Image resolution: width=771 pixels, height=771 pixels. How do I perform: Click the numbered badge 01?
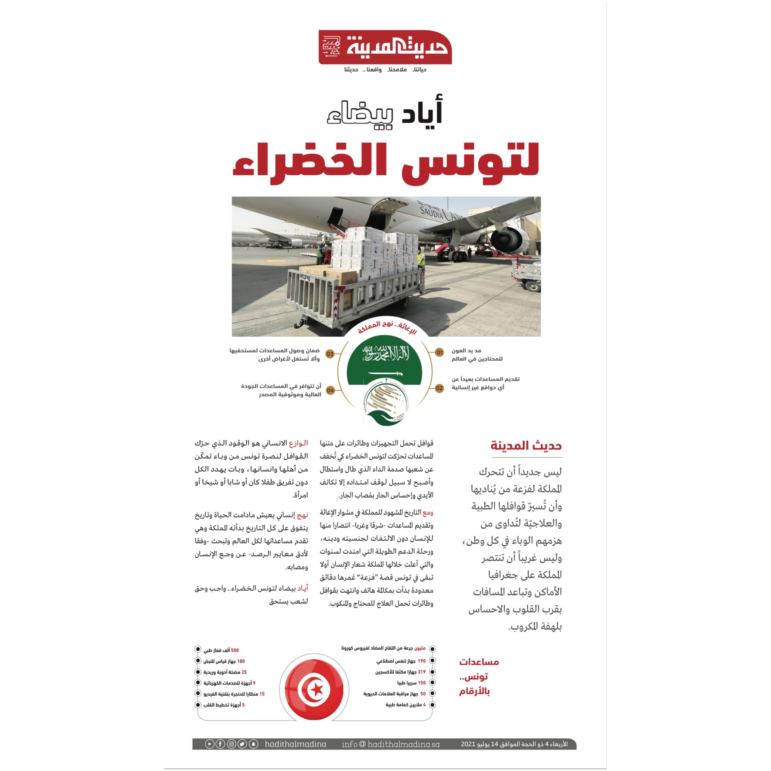pos(439,352)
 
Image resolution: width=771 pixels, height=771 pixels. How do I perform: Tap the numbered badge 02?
pos(439,388)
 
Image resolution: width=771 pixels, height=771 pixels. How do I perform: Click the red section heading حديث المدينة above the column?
pos(526,446)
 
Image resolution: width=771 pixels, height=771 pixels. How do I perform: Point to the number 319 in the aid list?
pos(421,672)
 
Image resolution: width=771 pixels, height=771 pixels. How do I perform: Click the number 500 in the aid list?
pos(235,650)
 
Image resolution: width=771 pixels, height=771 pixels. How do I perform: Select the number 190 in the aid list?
pos(421,661)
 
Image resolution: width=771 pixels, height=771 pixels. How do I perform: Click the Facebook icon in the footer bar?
pos(220,744)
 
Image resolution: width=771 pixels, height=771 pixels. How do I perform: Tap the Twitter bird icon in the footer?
pos(242,744)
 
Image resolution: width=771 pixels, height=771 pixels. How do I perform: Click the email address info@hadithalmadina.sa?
pos(390,744)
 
